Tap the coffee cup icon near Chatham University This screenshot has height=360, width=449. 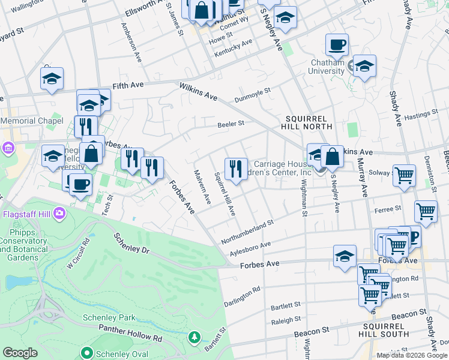click(337, 44)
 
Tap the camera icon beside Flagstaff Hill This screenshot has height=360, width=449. click(59, 212)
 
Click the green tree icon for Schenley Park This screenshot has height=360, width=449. click(194, 337)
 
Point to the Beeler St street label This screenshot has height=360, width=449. click(231, 124)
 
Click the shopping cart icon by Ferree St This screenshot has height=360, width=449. click(426, 211)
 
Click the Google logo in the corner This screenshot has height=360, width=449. click(20, 353)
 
